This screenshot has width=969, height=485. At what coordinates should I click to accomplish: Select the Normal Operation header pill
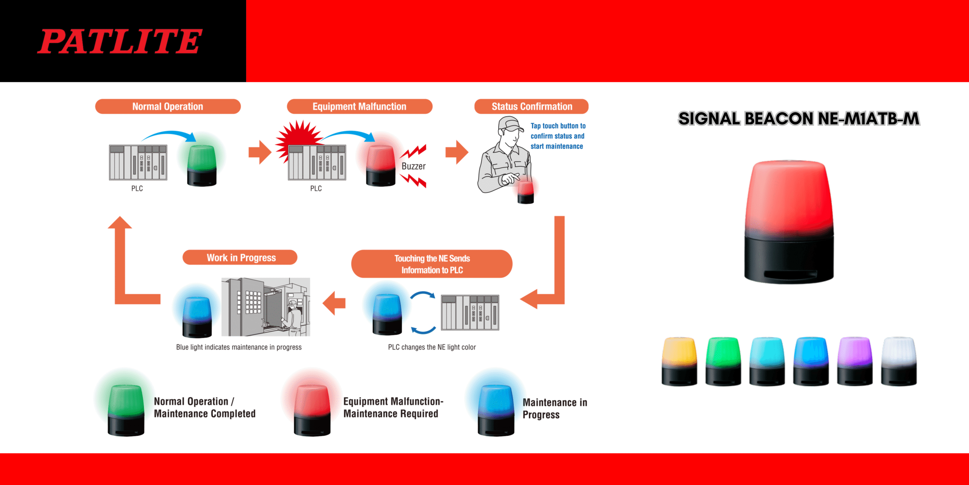pyautogui.click(x=168, y=106)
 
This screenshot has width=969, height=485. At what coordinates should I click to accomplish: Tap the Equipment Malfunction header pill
pyautogui.click(x=359, y=106)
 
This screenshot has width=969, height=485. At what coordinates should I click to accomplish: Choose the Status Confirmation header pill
pyautogui.click(x=531, y=106)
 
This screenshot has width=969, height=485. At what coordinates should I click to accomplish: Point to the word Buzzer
pyautogui.click(x=413, y=166)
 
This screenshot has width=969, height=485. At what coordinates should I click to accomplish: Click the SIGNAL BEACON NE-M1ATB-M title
pyautogui.click(x=799, y=119)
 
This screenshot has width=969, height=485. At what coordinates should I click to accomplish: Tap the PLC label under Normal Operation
pyautogui.click(x=137, y=188)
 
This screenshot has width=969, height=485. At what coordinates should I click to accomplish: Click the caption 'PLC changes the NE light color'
pyautogui.click(x=432, y=347)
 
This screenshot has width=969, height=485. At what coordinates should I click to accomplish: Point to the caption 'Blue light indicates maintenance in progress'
pyautogui.click(x=239, y=347)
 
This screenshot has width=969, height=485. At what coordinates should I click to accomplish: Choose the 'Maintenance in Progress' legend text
pyautogui.click(x=555, y=408)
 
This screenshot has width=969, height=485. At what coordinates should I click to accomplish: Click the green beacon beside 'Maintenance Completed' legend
pyautogui.click(x=126, y=409)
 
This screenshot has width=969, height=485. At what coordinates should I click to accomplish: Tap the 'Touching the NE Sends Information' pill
pyautogui.click(x=432, y=264)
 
